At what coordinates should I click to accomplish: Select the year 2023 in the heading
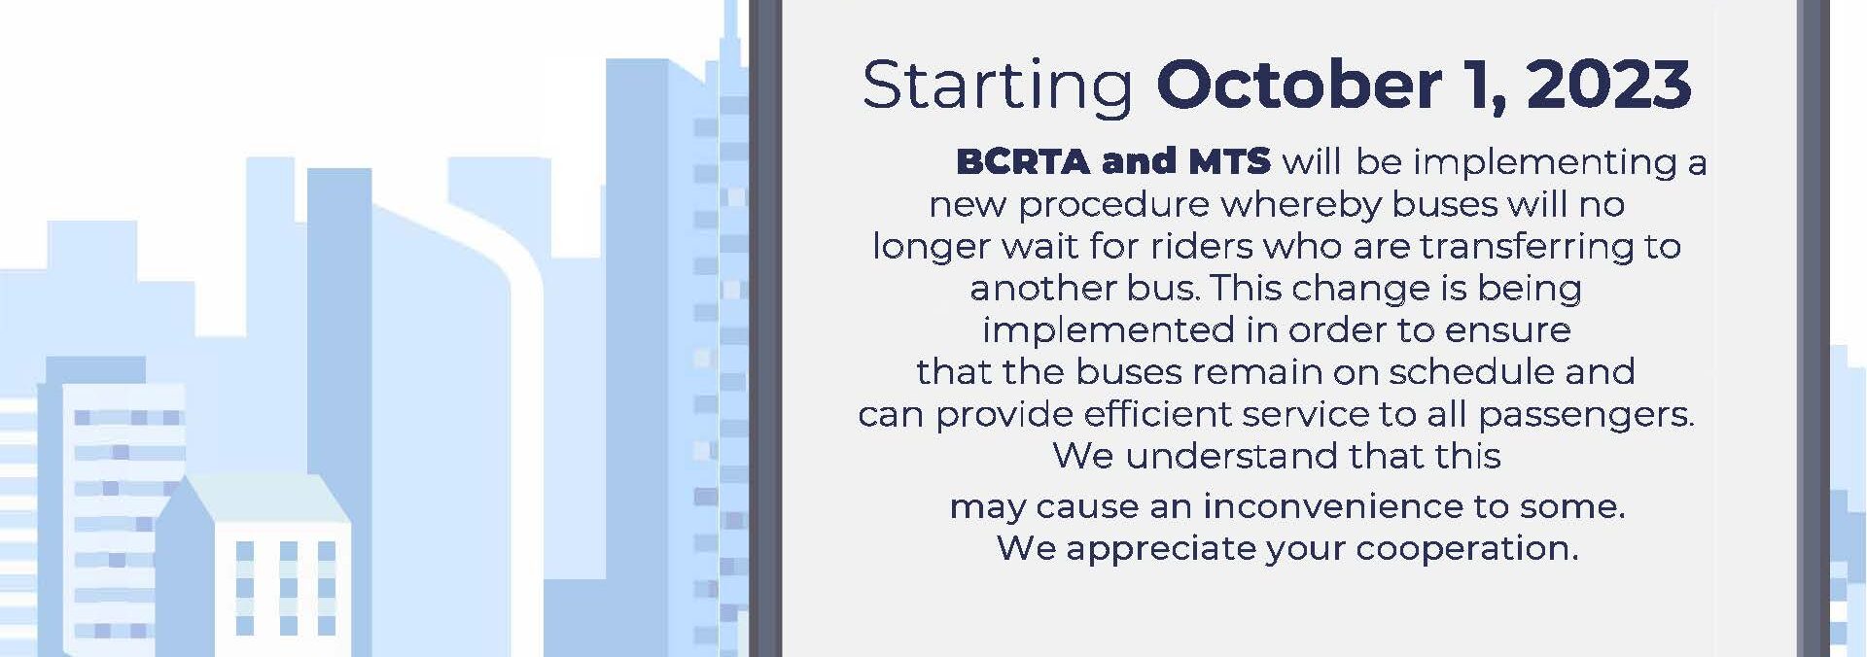tap(1609, 85)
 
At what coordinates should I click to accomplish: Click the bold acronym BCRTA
tap(1023, 161)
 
